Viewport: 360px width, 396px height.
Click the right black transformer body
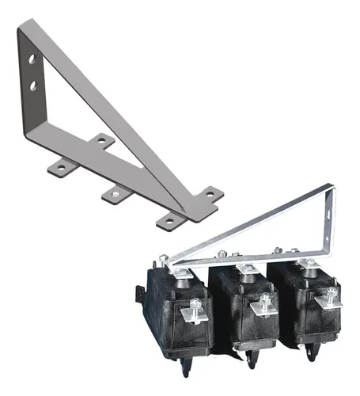tap(305, 309)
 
